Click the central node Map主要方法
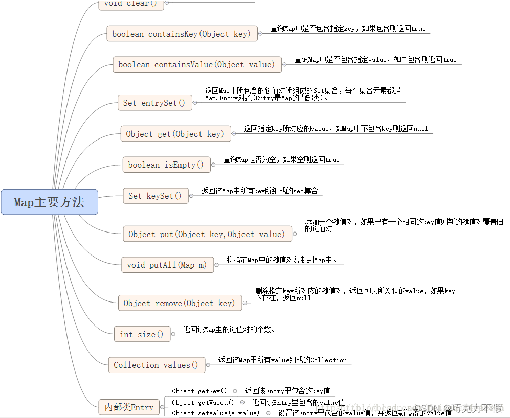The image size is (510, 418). [49, 202]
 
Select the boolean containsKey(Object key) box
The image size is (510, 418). [181, 34]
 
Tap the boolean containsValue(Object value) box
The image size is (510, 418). [196, 64]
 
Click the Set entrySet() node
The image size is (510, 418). [154, 103]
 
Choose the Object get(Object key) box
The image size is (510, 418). [175, 134]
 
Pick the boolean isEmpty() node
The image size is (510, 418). [166, 165]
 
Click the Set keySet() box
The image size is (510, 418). [155, 196]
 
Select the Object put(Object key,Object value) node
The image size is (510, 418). [207, 234]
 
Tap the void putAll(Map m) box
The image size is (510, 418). [167, 265]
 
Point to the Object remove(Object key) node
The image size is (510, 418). [179, 303]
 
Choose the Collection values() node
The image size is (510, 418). [156, 365]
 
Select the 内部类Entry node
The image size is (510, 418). [129, 407]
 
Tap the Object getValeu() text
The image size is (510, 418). [203, 402]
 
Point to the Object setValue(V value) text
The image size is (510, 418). [215, 413]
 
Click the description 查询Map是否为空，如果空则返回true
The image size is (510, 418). [281, 159]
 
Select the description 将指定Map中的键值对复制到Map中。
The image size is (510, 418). [282, 260]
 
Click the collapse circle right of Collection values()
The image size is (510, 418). [209, 365]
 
